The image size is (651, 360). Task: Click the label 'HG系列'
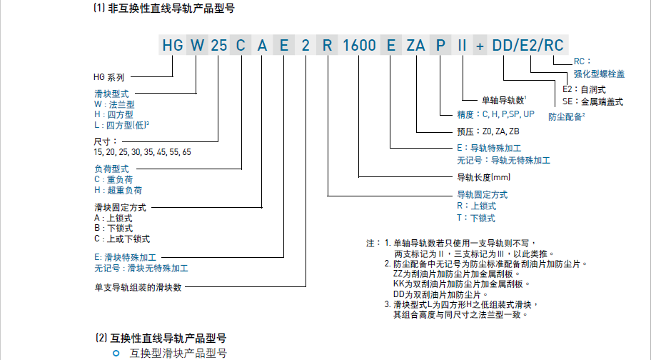point(109,76)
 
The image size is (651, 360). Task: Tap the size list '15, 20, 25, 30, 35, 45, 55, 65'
point(142,152)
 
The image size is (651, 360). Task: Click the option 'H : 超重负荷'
point(118,191)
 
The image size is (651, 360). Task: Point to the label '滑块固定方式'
point(120,207)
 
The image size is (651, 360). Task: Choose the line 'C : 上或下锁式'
point(122,239)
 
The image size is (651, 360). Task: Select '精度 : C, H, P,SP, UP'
point(495,114)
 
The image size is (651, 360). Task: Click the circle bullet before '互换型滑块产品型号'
point(116,353)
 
